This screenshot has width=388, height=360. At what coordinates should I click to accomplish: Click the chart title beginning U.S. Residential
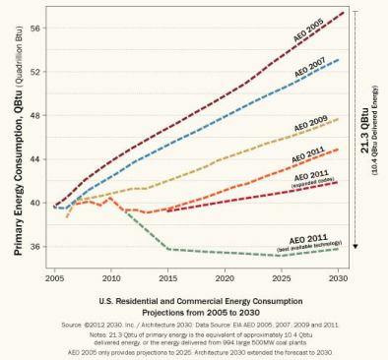[x=193, y=300]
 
